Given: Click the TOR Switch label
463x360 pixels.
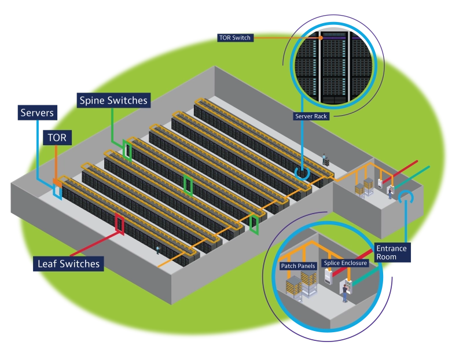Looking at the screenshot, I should click(235, 38).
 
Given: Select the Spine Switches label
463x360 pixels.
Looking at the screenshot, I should click(113, 101).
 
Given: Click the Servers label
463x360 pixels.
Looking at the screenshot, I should click(37, 112).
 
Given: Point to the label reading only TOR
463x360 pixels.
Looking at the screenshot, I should click(57, 137).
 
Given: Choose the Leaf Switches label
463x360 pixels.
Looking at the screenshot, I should click(68, 263).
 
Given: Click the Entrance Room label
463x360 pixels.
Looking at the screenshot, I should click(391, 253).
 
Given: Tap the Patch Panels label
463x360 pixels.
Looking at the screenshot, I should click(297, 266).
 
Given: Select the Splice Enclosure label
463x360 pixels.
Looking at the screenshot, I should click(346, 263).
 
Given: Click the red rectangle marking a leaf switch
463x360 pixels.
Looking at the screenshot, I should click(119, 223).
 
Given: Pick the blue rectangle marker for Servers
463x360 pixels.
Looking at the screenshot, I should click(57, 192).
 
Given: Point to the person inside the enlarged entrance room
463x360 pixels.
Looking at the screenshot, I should click(344, 293).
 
